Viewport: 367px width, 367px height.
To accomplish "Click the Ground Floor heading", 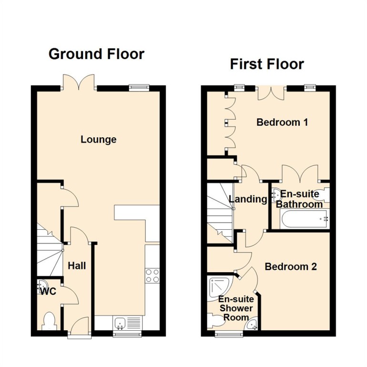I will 96,54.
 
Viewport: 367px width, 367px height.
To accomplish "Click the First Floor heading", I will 266,64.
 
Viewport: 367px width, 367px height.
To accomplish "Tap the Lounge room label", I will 98,140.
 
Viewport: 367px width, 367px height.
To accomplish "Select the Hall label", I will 77,265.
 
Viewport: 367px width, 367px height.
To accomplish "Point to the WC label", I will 49,291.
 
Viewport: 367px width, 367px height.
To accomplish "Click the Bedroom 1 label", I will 282,122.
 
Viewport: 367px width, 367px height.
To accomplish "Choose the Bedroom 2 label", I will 291,266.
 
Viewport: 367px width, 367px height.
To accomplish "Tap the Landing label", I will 248,199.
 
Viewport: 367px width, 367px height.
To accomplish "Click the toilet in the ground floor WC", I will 49,321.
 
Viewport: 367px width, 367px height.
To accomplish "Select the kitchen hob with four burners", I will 152,275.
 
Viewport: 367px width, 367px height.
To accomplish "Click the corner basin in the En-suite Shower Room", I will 251,325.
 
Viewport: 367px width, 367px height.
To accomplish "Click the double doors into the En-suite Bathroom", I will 300,174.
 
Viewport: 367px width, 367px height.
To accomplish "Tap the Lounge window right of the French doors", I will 138,87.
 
